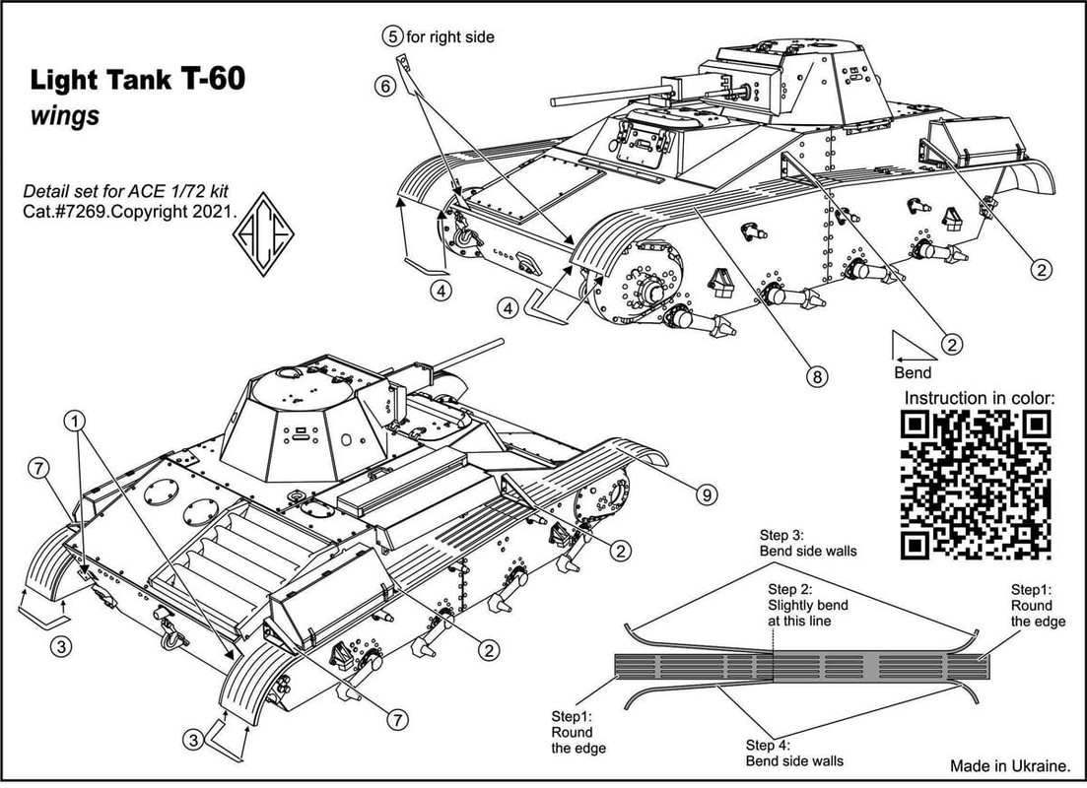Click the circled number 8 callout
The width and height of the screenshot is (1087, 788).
pos(817,376)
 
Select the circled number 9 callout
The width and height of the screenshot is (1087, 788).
pos(707,494)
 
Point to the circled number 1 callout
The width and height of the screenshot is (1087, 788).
pos(75,420)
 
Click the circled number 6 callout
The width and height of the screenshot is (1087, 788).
pos(385,86)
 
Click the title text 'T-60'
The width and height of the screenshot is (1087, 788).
pos(213,79)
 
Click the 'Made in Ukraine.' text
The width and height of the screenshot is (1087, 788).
pos(1010,765)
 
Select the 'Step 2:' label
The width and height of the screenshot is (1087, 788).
pos(789,589)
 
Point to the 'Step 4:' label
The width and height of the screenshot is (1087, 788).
pos(768,745)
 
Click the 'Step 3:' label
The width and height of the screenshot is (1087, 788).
pos(781,535)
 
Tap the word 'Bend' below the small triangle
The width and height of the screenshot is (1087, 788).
pos(913,373)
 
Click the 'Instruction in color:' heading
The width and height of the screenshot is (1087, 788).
pos(979,399)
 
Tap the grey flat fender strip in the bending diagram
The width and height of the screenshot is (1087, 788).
pos(803,668)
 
